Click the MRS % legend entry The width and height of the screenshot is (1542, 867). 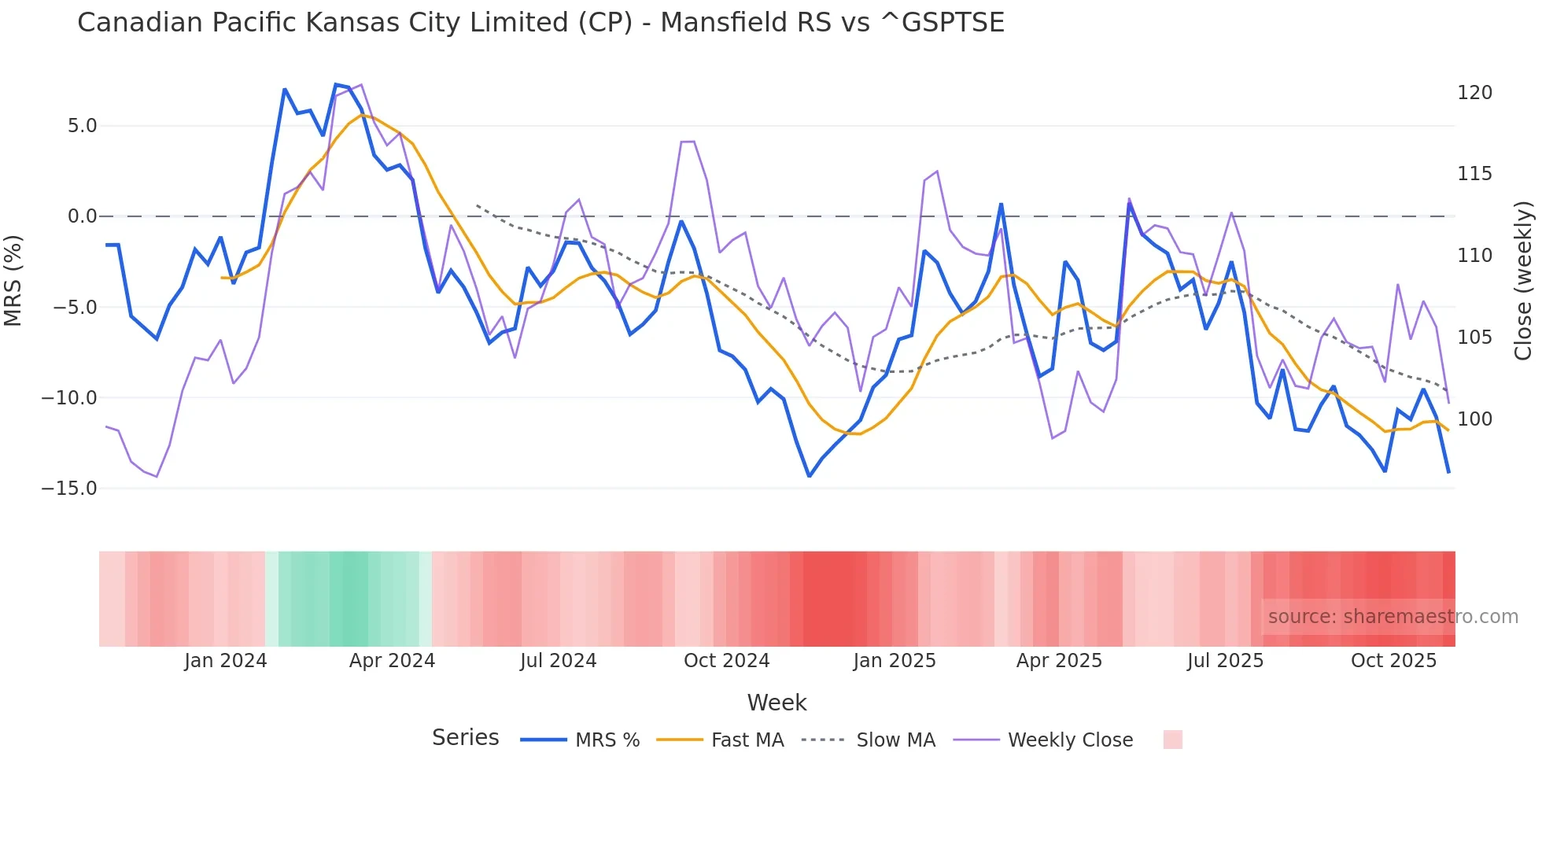tap(607, 740)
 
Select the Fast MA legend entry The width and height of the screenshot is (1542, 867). tap(747, 740)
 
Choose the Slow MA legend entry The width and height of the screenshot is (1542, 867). tap(895, 740)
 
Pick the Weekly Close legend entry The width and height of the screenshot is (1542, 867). tap(1070, 740)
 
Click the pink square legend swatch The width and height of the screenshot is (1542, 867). tap(1172, 740)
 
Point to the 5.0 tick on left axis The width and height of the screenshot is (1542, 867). tap(82, 126)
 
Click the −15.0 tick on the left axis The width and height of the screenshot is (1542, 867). tap(69, 489)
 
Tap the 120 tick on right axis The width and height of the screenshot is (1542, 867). tap(1474, 93)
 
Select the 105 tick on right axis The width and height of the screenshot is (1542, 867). tap(1474, 338)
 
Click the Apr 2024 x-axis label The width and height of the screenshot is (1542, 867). tap(392, 661)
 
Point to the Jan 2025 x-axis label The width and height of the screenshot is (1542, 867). tap(895, 661)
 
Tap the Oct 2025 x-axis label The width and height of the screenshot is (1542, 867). tap(1393, 661)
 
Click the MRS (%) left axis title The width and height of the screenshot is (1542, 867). tap(13, 281)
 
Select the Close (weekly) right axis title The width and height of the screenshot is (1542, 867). tap(1524, 281)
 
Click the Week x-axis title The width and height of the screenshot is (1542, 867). tap(777, 703)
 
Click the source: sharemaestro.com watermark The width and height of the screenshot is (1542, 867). tap(1393, 617)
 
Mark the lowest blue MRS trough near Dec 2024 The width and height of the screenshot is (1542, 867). tap(809, 476)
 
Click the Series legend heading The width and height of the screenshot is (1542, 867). tap(465, 738)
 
